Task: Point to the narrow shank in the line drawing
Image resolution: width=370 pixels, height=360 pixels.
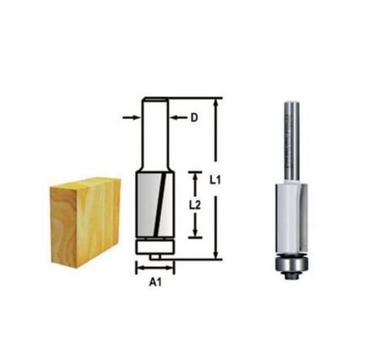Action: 154,135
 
